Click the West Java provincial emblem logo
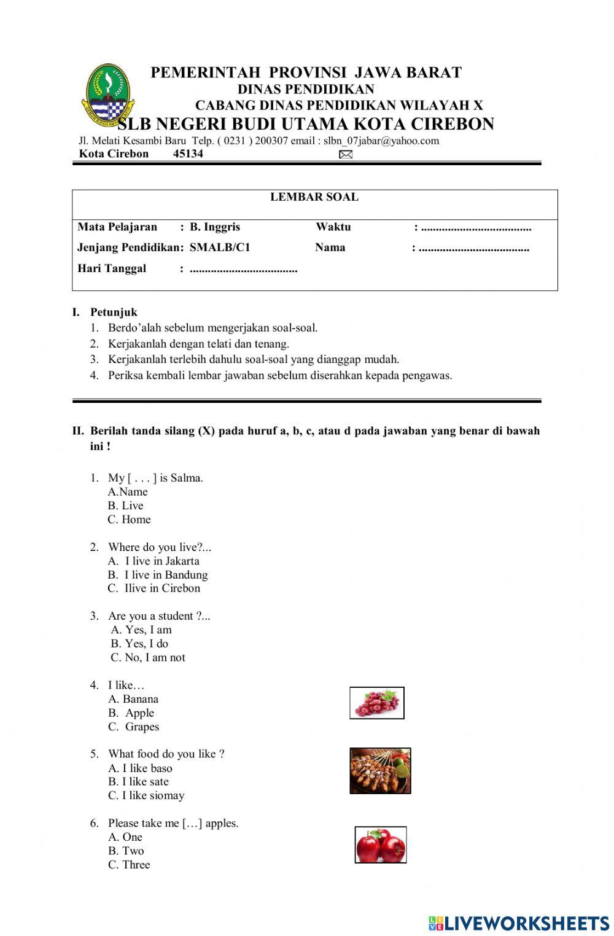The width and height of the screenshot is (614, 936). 106,93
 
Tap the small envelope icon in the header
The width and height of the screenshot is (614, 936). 346,155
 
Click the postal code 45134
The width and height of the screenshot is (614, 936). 188,154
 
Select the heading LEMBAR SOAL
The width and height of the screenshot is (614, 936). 314,197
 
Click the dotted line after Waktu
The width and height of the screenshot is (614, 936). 476,228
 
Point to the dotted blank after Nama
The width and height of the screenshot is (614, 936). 474,249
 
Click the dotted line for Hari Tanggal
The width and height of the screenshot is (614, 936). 244,270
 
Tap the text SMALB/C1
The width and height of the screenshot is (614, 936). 220,248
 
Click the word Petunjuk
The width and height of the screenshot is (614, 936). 114,312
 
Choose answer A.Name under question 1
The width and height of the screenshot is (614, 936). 128,492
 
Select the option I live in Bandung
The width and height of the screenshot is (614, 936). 166,575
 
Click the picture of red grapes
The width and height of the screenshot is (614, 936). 377,703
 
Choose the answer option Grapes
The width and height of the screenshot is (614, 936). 142,727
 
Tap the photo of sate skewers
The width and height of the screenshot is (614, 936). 380,771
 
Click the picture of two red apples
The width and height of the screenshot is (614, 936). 381,845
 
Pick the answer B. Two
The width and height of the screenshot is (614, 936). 126,851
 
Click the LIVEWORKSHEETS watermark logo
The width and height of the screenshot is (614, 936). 519,923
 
